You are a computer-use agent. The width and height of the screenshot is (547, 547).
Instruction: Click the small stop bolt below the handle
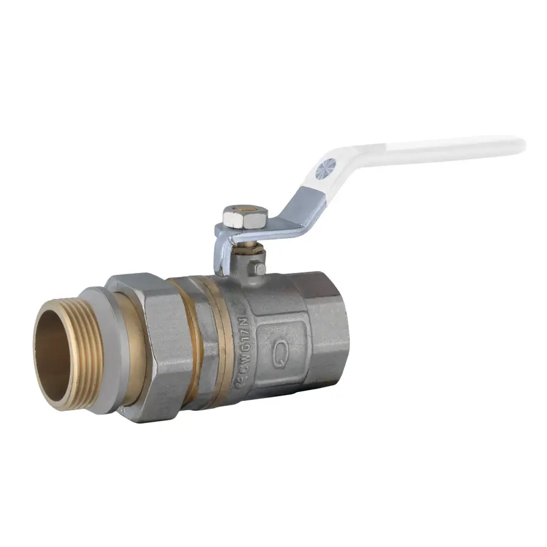coord(260,268)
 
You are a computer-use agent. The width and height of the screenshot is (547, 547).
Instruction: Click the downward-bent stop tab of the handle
coord(219,255)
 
